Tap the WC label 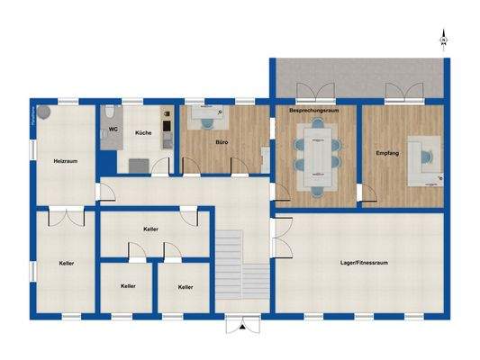[113, 130]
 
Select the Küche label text [143, 133]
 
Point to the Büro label [221, 142]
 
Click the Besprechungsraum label [312, 110]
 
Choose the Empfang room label [386, 153]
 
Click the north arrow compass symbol [443, 39]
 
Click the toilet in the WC [108, 112]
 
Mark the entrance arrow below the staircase [242, 328]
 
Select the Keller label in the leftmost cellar [66, 264]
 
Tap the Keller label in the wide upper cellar [150, 229]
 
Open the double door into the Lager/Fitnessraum [277, 238]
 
